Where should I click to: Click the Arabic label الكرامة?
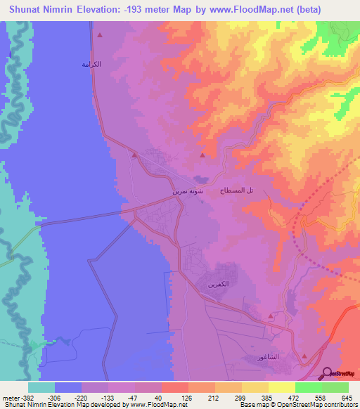tap(91, 64)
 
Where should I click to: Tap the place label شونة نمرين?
tap(188, 190)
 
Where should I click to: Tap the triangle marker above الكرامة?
tap(100, 35)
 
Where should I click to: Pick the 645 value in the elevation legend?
tap(345, 397)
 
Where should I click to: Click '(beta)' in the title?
tap(333, 11)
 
